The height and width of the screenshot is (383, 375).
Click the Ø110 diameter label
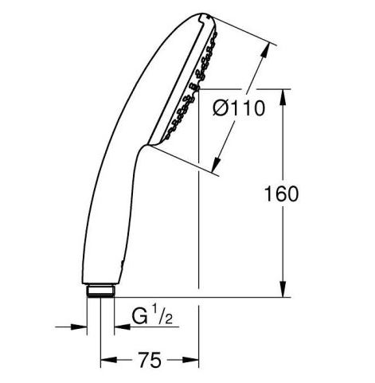[239, 108]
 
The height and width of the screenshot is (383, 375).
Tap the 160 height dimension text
[281, 194]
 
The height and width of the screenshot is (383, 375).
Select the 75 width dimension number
[150, 360]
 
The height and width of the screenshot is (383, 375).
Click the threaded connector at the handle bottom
[101, 291]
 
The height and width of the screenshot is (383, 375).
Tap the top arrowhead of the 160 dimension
[283, 98]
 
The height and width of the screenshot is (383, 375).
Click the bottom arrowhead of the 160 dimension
[283, 289]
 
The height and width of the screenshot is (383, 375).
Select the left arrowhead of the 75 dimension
[109, 360]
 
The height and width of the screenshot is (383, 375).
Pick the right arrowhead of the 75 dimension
[190, 360]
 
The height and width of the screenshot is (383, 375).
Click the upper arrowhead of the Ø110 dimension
[266, 50]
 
